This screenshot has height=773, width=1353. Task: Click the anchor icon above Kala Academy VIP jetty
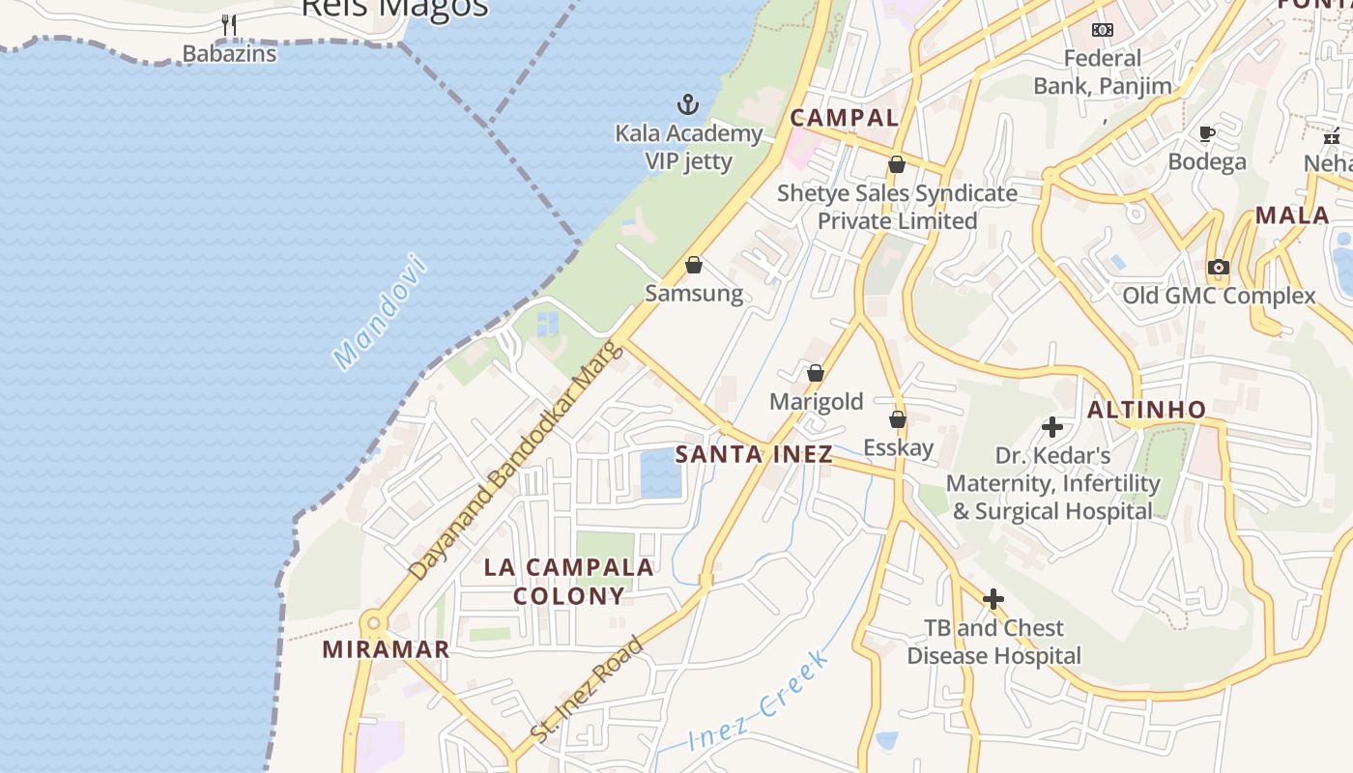click(x=687, y=103)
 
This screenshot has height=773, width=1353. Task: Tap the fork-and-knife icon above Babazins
click(x=229, y=25)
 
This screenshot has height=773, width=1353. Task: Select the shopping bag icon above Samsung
click(x=694, y=264)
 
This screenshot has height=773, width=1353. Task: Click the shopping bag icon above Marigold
click(x=816, y=373)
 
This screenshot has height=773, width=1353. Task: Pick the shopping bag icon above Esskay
click(x=898, y=419)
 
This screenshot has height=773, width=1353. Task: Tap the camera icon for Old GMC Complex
click(x=1219, y=267)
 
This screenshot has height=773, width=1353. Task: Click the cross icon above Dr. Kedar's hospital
click(x=1052, y=426)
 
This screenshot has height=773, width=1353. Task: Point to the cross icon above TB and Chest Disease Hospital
click(x=993, y=599)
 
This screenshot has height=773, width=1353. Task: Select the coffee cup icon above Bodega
click(x=1206, y=133)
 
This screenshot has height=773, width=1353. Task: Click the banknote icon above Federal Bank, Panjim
click(x=1103, y=30)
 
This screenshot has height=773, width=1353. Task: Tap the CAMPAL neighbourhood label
click(x=845, y=118)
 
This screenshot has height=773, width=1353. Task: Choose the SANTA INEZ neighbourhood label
click(x=754, y=454)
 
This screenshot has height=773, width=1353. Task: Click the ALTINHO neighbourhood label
click(x=1146, y=410)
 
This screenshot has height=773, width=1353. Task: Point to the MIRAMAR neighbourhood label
click(x=387, y=649)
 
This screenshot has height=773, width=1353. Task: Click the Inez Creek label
click(x=760, y=701)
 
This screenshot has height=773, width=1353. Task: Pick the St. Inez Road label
click(x=588, y=690)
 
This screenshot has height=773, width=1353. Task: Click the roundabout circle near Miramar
click(x=372, y=622)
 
